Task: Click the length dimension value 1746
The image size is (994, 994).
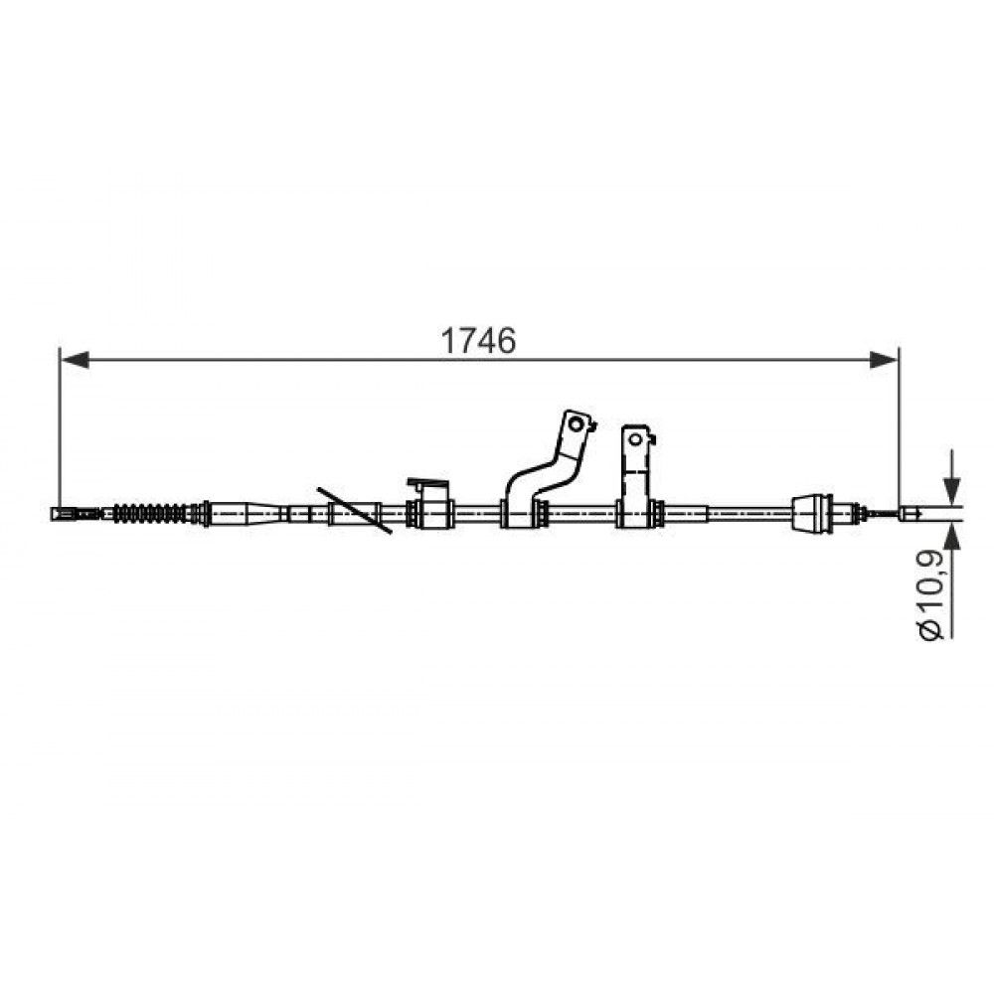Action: [x=479, y=341]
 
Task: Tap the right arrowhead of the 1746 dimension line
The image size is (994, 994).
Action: [x=885, y=359]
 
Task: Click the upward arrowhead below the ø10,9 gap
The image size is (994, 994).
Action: [x=951, y=537]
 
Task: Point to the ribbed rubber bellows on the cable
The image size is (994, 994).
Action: [x=155, y=513]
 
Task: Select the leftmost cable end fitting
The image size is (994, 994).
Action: [x=65, y=514]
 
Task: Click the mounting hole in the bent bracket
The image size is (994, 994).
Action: [x=575, y=424]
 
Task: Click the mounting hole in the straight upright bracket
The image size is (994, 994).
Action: [x=633, y=437]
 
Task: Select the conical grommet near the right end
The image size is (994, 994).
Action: [x=812, y=512]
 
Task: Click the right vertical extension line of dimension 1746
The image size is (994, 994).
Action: [x=899, y=427]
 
